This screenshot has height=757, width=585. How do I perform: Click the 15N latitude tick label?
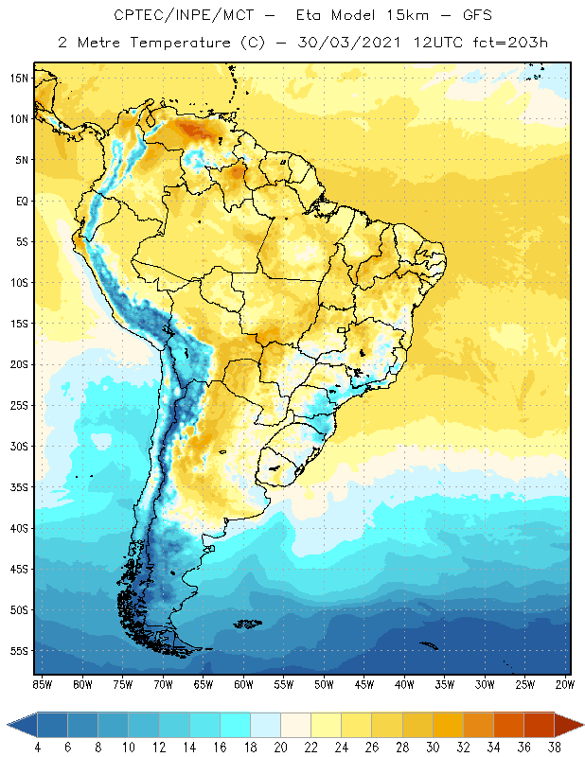(x=19, y=78)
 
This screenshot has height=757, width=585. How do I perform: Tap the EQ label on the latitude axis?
(x=19, y=201)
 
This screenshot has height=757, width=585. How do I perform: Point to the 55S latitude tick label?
(x=19, y=651)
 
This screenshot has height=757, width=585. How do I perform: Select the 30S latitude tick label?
(x=19, y=446)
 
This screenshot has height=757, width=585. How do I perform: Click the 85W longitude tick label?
(x=43, y=683)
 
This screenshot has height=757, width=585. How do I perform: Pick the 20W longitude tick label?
(x=565, y=683)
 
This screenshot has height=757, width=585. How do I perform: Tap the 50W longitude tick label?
(x=324, y=683)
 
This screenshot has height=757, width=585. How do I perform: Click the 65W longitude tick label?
(x=204, y=683)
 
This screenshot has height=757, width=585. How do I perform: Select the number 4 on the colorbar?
(x=37, y=748)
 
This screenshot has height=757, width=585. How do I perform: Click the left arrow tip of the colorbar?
(x=9, y=724)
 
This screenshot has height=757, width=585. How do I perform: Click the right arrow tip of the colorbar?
(x=583, y=724)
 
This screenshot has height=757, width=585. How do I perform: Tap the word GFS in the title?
(x=471, y=16)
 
